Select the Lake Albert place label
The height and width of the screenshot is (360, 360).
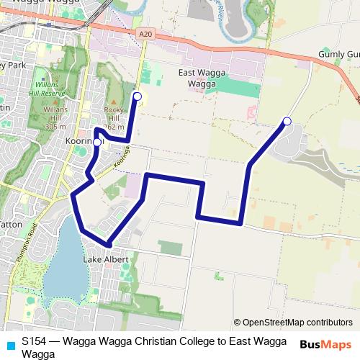click(105, 259)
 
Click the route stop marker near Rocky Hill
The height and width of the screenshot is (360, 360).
click(138, 96)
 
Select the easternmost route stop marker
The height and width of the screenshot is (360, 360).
click(287, 121)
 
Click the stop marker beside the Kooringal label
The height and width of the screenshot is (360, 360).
click(97, 143)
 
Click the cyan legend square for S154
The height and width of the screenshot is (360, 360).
click(9, 343)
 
